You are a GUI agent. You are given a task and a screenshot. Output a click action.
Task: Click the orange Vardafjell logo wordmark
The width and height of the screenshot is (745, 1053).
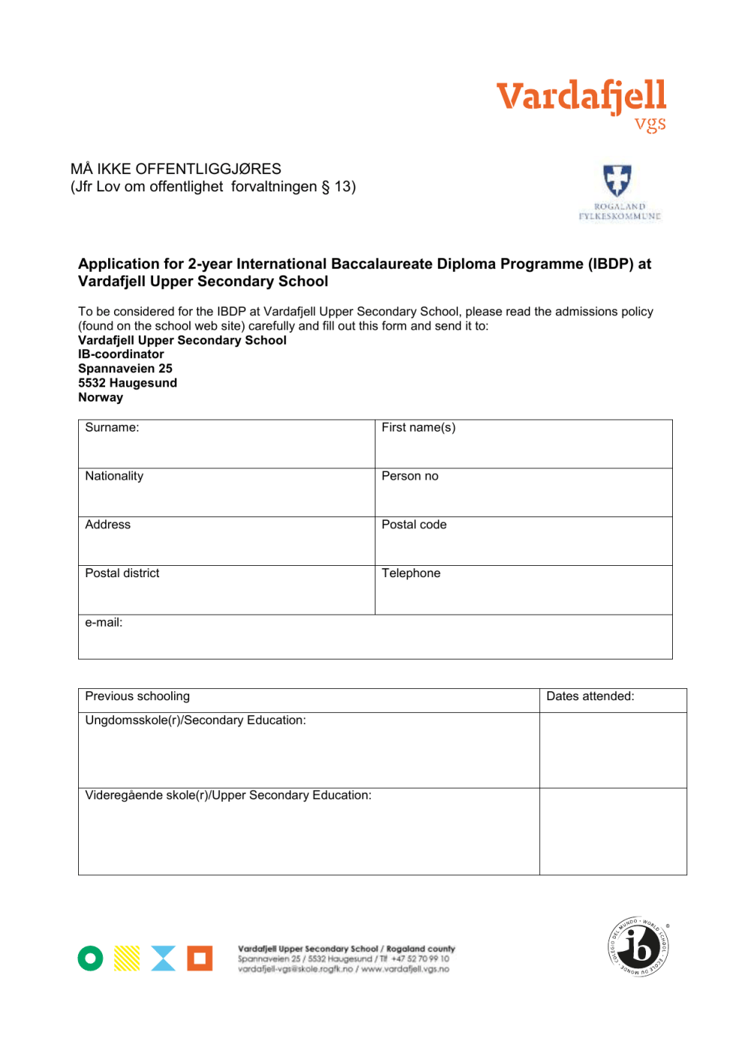[x=581, y=98]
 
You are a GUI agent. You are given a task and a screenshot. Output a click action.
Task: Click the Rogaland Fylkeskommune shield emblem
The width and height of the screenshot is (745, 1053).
[x=617, y=180]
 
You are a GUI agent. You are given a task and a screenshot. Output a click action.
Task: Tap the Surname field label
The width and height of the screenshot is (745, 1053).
[x=112, y=428]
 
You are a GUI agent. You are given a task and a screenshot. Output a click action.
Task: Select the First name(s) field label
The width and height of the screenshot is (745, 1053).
[x=418, y=428]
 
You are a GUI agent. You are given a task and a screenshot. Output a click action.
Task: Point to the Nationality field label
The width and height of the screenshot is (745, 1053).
[x=114, y=477]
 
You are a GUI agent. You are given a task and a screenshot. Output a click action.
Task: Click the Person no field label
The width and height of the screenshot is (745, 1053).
[x=409, y=477]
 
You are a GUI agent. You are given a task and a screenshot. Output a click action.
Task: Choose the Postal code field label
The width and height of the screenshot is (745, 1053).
[x=414, y=525]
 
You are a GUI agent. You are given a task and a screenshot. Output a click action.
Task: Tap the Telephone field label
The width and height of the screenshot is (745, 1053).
[x=411, y=573]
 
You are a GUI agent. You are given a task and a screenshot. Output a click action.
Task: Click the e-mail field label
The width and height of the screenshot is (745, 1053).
[x=104, y=623]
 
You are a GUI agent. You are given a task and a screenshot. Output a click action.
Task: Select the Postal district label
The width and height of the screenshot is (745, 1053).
[x=122, y=573]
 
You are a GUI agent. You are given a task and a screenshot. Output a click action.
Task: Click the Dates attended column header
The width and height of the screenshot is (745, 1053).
[x=590, y=696]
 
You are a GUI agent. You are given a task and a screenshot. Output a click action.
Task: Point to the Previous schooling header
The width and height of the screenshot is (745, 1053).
[x=137, y=696]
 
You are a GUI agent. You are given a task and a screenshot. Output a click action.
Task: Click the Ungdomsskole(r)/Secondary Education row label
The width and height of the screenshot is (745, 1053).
[x=195, y=721]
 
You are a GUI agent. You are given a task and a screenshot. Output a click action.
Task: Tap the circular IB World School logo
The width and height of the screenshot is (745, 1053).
[x=638, y=946]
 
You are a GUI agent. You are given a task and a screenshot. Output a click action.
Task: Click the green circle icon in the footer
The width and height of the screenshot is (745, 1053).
[x=90, y=958]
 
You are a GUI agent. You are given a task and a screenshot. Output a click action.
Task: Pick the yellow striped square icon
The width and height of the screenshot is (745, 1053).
[x=127, y=958]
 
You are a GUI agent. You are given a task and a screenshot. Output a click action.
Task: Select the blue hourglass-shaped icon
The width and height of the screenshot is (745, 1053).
[x=163, y=958]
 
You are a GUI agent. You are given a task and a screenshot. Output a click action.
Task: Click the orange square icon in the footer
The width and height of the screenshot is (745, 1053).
[x=200, y=958]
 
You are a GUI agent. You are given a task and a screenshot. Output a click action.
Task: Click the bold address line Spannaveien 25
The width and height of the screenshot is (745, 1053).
[x=125, y=369]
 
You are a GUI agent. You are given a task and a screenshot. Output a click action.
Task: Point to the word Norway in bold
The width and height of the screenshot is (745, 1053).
[x=101, y=398]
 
